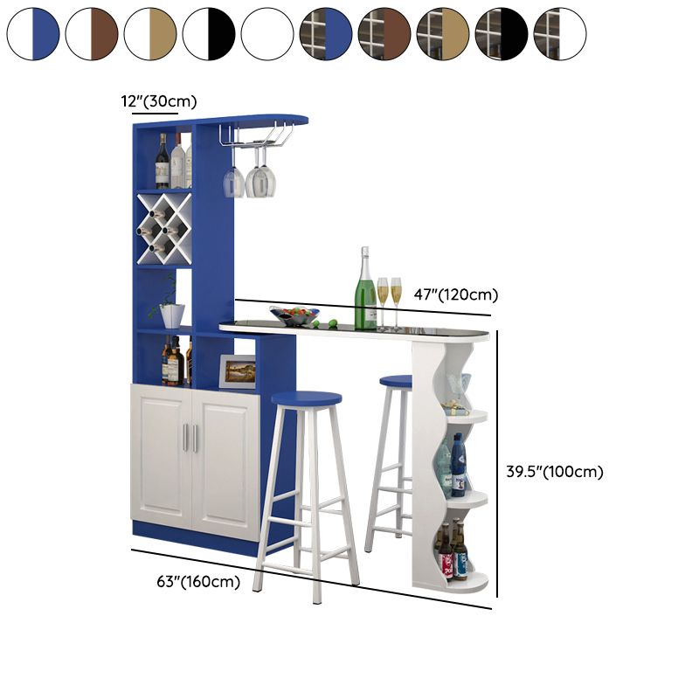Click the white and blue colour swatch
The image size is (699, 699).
click(33, 34)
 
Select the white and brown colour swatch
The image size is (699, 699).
click(92, 34)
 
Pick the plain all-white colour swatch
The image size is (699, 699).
click(267, 34)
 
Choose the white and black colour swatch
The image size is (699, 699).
click(209, 34)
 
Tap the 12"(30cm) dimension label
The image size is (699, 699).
click(159, 101)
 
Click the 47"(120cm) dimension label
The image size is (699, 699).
click(455, 294)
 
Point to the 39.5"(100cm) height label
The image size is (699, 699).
click(555, 471)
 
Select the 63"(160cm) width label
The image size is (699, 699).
click(198, 581)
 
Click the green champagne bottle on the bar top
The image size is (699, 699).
click(365, 288)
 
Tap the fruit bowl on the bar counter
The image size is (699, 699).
click(294, 315)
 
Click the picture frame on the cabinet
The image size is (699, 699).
click(237, 372)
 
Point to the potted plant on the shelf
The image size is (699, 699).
click(170, 305)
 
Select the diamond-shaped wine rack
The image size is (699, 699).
click(164, 229)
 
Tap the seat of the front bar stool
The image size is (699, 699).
click(307, 398)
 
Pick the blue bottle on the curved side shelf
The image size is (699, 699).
click(458, 465)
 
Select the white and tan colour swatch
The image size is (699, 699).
click(150, 34)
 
